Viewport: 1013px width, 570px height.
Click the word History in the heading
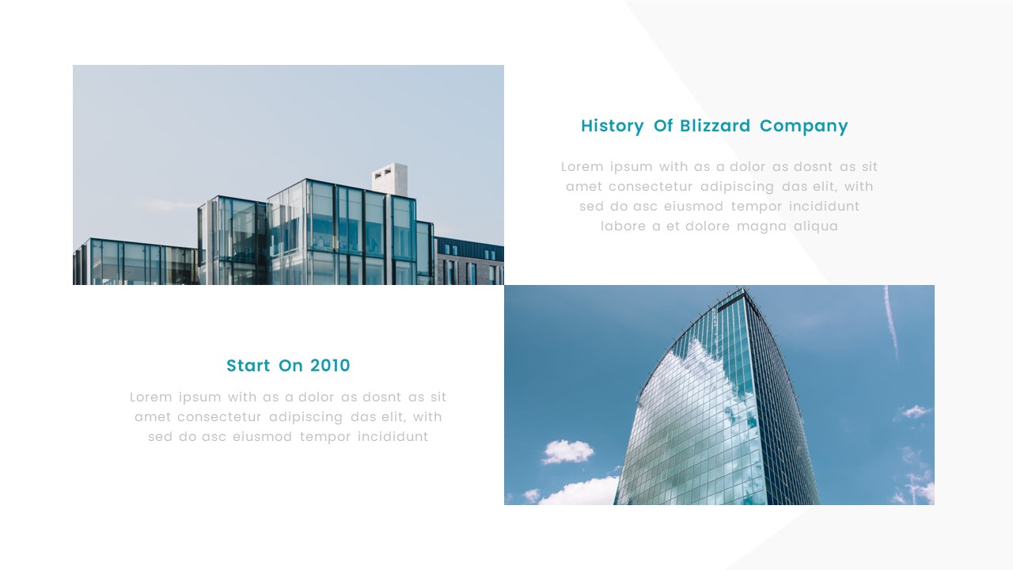(612, 126)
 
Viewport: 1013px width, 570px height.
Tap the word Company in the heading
(803, 126)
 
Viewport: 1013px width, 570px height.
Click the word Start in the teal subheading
(248, 366)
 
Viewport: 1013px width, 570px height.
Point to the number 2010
(330, 366)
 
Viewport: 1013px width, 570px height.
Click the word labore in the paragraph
(623, 226)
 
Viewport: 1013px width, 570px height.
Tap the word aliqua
(815, 226)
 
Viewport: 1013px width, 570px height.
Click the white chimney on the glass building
(390, 178)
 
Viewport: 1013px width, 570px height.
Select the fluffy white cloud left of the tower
(567, 452)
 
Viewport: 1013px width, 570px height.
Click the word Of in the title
(663, 126)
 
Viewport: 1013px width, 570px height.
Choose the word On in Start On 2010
(290, 366)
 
